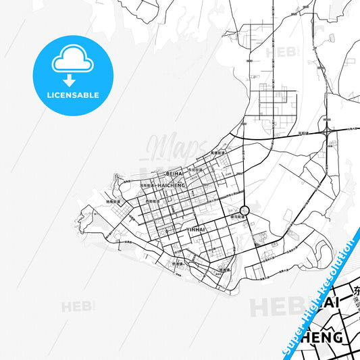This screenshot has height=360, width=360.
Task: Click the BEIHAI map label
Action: (174, 174)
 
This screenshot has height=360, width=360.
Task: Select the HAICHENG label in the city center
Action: (171, 184)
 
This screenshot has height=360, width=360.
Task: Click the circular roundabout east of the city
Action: (245, 211)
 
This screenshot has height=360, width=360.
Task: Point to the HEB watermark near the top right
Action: (279, 51)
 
